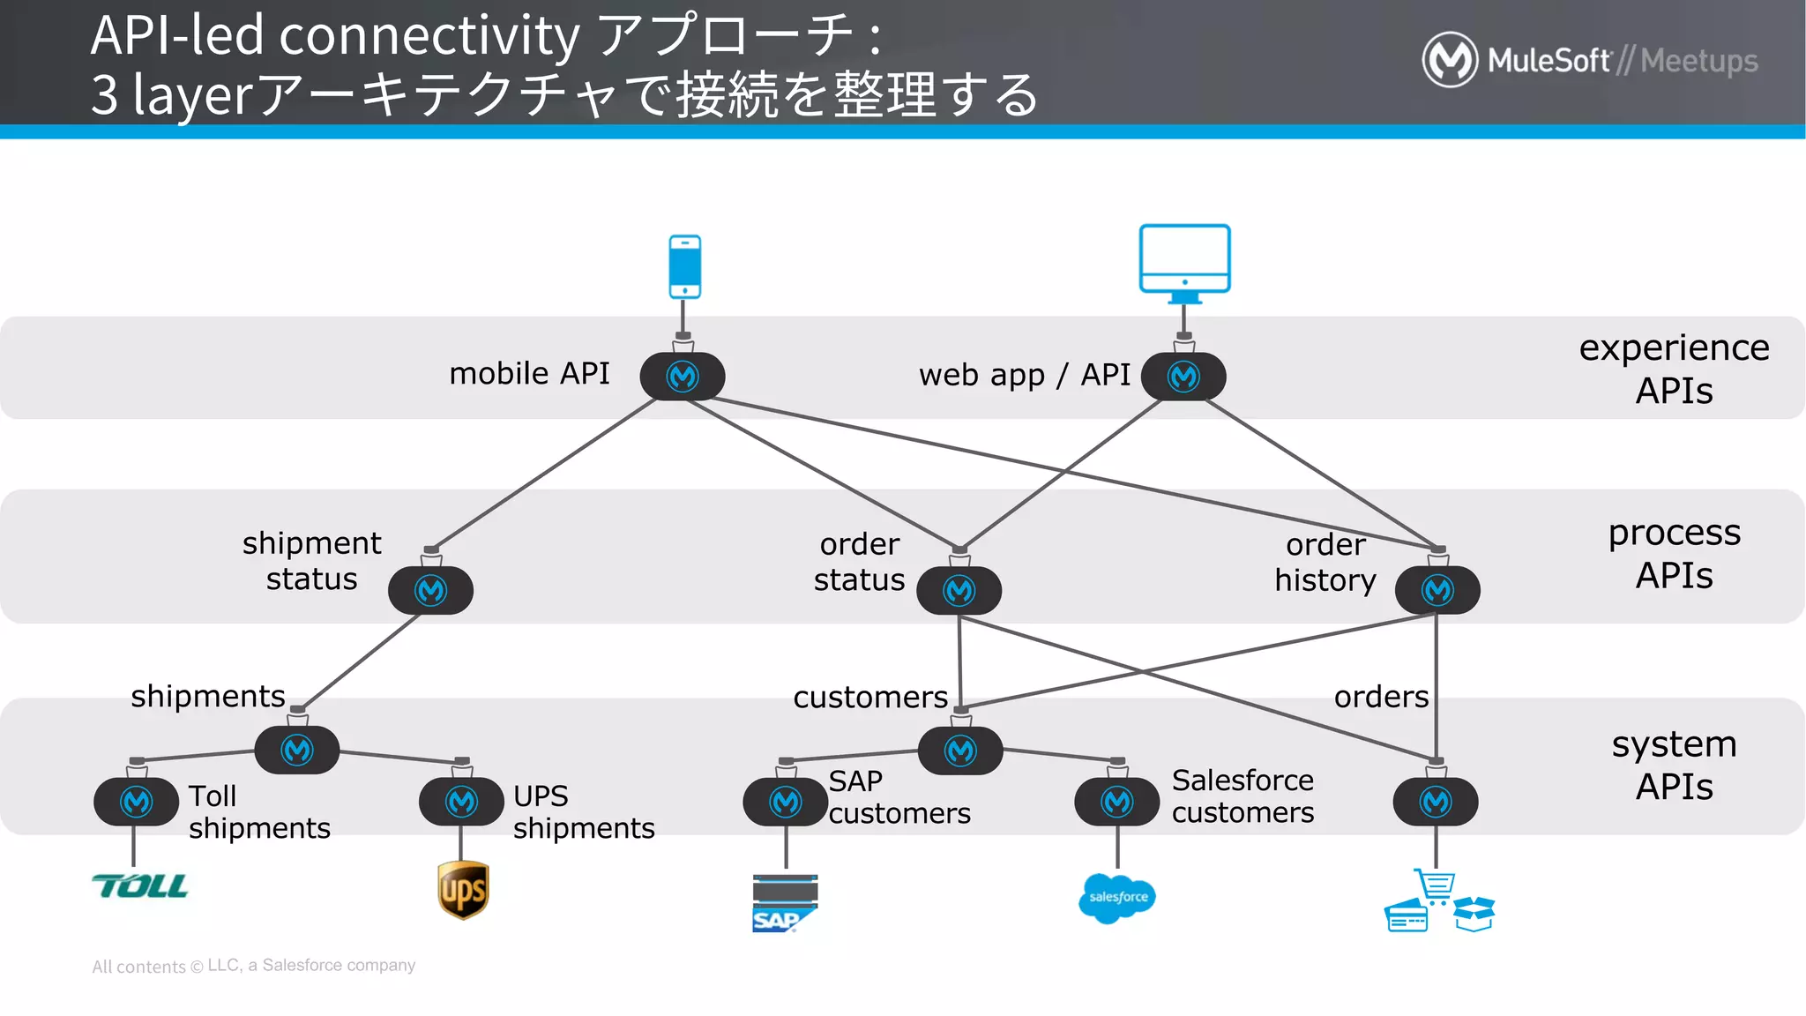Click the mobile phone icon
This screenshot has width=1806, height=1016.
click(x=684, y=266)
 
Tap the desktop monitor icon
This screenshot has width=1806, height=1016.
click(x=1184, y=259)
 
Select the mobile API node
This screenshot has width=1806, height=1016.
click(x=683, y=377)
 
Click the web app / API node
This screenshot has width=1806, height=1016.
click(x=1183, y=377)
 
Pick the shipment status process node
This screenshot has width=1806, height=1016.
click(x=430, y=590)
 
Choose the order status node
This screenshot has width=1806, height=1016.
click(x=959, y=590)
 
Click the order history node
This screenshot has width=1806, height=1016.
click(x=1437, y=590)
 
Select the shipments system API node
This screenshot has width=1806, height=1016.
click(x=297, y=750)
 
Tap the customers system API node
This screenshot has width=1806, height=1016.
click(x=960, y=751)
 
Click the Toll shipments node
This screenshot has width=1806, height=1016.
click(x=137, y=802)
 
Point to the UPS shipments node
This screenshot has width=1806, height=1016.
click(x=461, y=802)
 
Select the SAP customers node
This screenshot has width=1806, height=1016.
click(x=786, y=802)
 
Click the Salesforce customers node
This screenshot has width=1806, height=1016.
click(x=1116, y=802)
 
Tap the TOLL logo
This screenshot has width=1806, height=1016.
click(x=139, y=885)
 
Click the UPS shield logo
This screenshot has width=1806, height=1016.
click(x=463, y=890)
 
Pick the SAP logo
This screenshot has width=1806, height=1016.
click(x=784, y=904)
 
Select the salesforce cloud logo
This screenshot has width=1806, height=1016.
click(x=1117, y=898)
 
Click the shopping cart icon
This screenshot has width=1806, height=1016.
click(x=1436, y=885)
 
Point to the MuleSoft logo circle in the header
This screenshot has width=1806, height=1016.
click(x=1450, y=60)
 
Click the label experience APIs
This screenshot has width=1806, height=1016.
click(x=1674, y=369)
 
